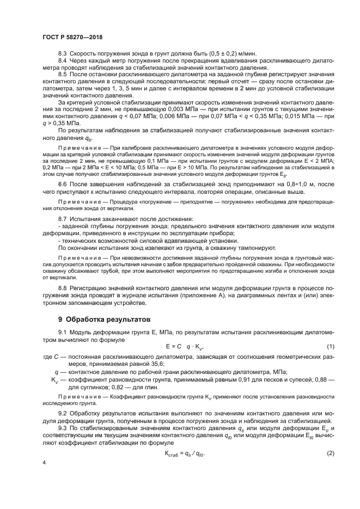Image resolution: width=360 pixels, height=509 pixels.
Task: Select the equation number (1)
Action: coord(330,347)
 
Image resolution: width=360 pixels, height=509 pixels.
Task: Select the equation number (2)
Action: coord(330,439)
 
